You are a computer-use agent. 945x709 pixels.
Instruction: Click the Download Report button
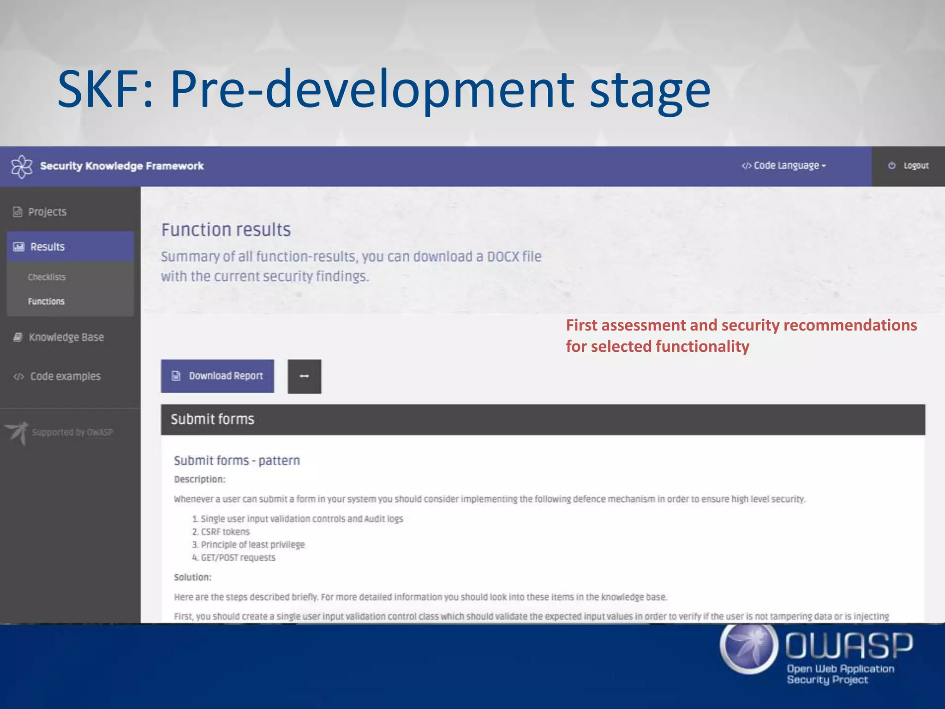coord(217,376)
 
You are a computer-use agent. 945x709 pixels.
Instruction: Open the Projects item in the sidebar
coord(47,212)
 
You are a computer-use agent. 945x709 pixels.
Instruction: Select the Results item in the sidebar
coord(47,247)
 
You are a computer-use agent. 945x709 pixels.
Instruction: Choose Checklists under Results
coord(47,277)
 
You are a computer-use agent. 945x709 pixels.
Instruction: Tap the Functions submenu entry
coord(46,301)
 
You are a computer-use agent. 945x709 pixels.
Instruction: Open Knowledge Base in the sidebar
coord(66,337)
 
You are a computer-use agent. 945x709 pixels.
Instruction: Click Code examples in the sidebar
coord(65,377)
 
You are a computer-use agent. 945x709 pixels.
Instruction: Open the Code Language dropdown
coord(784,166)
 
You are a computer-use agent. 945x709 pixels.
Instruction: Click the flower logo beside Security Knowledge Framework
coord(22,166)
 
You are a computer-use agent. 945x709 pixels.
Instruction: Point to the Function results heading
coord(226,230)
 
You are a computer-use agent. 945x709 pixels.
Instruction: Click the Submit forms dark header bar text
coord(212,419)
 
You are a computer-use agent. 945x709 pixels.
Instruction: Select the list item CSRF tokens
coord(225,532)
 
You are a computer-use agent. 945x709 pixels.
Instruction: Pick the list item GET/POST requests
coord(238,558)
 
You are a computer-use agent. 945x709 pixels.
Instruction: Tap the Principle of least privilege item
coord(252,545)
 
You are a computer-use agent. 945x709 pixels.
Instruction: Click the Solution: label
coord(192,577)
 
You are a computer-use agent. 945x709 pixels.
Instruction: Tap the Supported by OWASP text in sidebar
coord(72,433)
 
